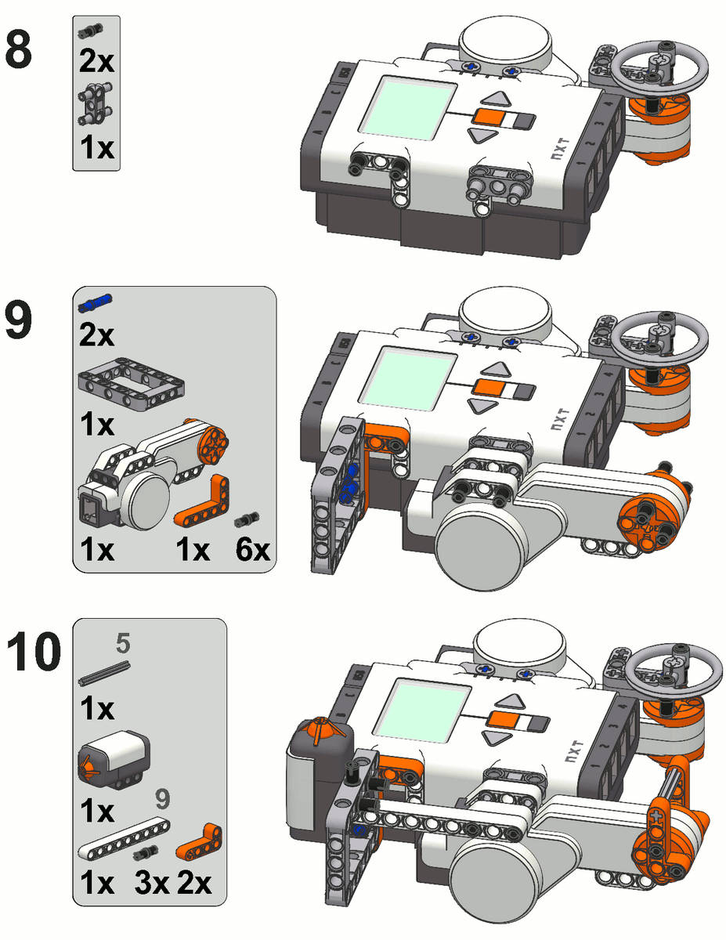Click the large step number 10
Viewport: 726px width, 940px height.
pyautogui.click(x=32, y=653)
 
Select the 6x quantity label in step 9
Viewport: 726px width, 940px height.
pyautogui.click(x=252, y=551)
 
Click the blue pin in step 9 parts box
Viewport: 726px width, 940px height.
pyautogui.click(x=96, y=301)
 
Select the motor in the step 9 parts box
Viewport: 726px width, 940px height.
pyautogui.click(x=149, y=478)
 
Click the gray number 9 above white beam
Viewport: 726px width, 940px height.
pyautogui.click(x=162, y=800)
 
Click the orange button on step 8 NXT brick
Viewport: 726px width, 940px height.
pyautogui.click(x=486, y=117)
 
